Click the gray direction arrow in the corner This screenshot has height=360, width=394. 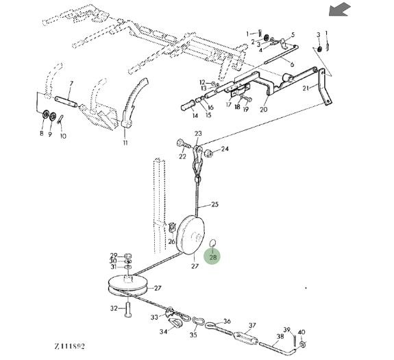[340, 10]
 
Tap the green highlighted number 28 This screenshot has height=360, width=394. [213, 257]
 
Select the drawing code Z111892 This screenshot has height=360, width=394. [70, 346]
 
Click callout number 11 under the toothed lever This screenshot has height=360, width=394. [125, 143]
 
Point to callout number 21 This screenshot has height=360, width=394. [306, 88]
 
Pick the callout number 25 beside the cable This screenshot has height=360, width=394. [215, 204]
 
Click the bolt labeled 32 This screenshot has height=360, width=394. [128, 310]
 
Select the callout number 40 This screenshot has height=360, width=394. [301, 332]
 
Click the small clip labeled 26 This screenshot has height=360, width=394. [171, 227]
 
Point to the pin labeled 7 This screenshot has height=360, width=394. [66, 101]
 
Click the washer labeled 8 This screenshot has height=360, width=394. [46, 115]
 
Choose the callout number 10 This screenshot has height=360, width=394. [63, 136]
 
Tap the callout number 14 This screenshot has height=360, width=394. [195, 115]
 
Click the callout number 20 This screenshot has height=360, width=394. [264, 109]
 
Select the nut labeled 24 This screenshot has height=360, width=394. [209, 153]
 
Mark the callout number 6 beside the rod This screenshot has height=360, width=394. [292, 64]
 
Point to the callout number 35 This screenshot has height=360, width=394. [193, 335]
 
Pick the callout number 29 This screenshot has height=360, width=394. [114, 255]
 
